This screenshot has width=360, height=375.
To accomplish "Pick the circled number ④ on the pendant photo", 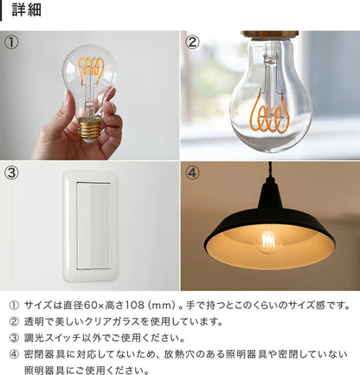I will point(193,171).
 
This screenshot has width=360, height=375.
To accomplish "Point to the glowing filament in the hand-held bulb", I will point(93,72).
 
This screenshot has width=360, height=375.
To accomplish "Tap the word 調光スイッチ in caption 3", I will point(52,338).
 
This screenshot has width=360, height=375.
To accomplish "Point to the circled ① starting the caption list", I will point(12,306).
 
